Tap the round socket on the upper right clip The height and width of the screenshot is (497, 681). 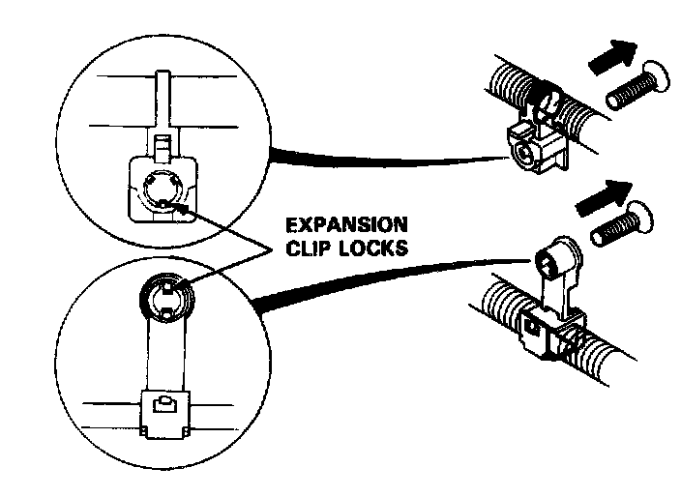524,150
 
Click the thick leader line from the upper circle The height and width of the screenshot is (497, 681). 387,159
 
